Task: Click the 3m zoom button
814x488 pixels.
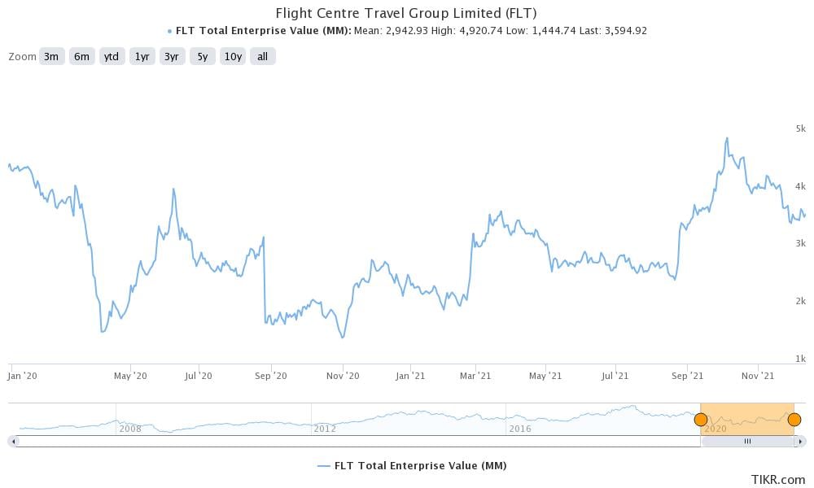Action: [51, 56]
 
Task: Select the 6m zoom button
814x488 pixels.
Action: [81, 56]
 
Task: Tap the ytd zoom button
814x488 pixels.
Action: [112, 56]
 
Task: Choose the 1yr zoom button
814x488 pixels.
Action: [142, 56]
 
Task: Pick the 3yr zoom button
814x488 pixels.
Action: [172, 56]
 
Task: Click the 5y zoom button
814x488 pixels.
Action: [202, 56]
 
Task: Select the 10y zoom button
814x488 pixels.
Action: [233, 56]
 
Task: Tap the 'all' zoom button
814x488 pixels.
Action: [263, 56]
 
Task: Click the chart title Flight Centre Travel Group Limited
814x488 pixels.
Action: [406, 13]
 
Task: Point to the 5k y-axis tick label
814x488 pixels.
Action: [800, 129]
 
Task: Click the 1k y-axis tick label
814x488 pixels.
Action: [800, 359]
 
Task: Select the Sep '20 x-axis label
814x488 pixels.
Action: [271, 376]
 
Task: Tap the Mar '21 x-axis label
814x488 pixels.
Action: [475, 376]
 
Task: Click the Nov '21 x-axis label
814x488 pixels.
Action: [758, 376]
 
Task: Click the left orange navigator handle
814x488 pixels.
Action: [700, 420]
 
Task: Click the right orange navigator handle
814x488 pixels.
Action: [794, 420]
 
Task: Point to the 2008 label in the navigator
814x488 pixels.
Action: [131, 428]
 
